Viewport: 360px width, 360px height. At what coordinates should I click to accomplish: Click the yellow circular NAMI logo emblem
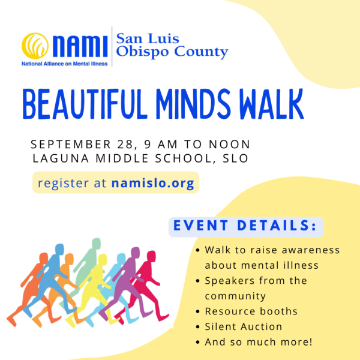coord(35,46)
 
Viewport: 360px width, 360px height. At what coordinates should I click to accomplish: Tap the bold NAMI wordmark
coord(80,46)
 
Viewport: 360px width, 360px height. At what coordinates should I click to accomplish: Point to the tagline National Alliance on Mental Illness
coord(65,64)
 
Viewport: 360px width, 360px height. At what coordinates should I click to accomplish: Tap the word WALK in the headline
coord(272,104)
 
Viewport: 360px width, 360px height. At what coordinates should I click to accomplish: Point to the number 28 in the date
coord(125,144)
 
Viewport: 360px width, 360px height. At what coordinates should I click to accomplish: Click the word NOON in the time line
coord(229,144)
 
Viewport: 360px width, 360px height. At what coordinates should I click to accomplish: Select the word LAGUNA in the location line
coord(61,158)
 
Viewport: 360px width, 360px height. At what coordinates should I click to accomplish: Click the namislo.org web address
coord(153,183)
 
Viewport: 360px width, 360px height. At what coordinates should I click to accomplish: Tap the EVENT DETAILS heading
coord(245,225)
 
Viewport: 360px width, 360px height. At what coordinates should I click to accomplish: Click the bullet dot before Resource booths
coord(198,311)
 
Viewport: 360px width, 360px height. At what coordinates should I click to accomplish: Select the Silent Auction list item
coord(244,326)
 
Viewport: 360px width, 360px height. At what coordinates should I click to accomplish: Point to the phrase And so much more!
coord(259,342)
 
